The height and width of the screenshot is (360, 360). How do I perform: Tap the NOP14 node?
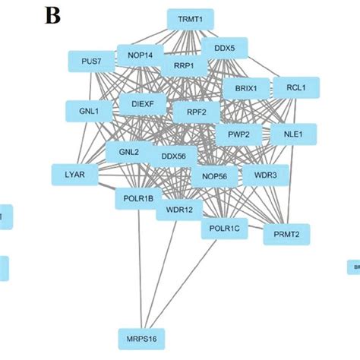(x=140, y=55)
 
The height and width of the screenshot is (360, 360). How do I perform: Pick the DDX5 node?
(x=225, y=49)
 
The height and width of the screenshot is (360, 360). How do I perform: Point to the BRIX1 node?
(x=245, y=89)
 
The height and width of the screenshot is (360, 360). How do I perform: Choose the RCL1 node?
(x=295, y=88)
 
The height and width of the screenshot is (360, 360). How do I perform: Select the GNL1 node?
(x=88, y=111)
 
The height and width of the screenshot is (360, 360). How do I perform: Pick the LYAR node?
(x=75, y=175)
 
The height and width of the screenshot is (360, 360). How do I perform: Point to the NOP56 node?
(x=214, y=176)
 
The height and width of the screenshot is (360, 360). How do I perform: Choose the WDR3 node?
(x=265, y=175)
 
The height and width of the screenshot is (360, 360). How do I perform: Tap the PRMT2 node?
(x=287, y=235)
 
